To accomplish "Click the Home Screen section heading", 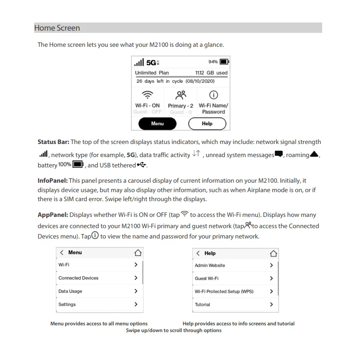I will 57,28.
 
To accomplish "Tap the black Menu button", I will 157,123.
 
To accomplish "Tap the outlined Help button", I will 207,123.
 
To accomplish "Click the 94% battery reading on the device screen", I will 213,62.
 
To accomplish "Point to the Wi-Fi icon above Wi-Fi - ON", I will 147,95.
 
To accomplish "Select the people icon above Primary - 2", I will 180,95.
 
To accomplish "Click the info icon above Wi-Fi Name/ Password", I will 213,95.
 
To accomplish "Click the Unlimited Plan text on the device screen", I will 152,72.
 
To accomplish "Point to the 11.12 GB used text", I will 211,72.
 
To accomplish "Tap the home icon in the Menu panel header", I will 138,253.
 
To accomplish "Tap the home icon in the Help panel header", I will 273,253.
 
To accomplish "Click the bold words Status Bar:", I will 53,142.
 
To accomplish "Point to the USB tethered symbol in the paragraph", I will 142,165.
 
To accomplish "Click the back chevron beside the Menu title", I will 62,253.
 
